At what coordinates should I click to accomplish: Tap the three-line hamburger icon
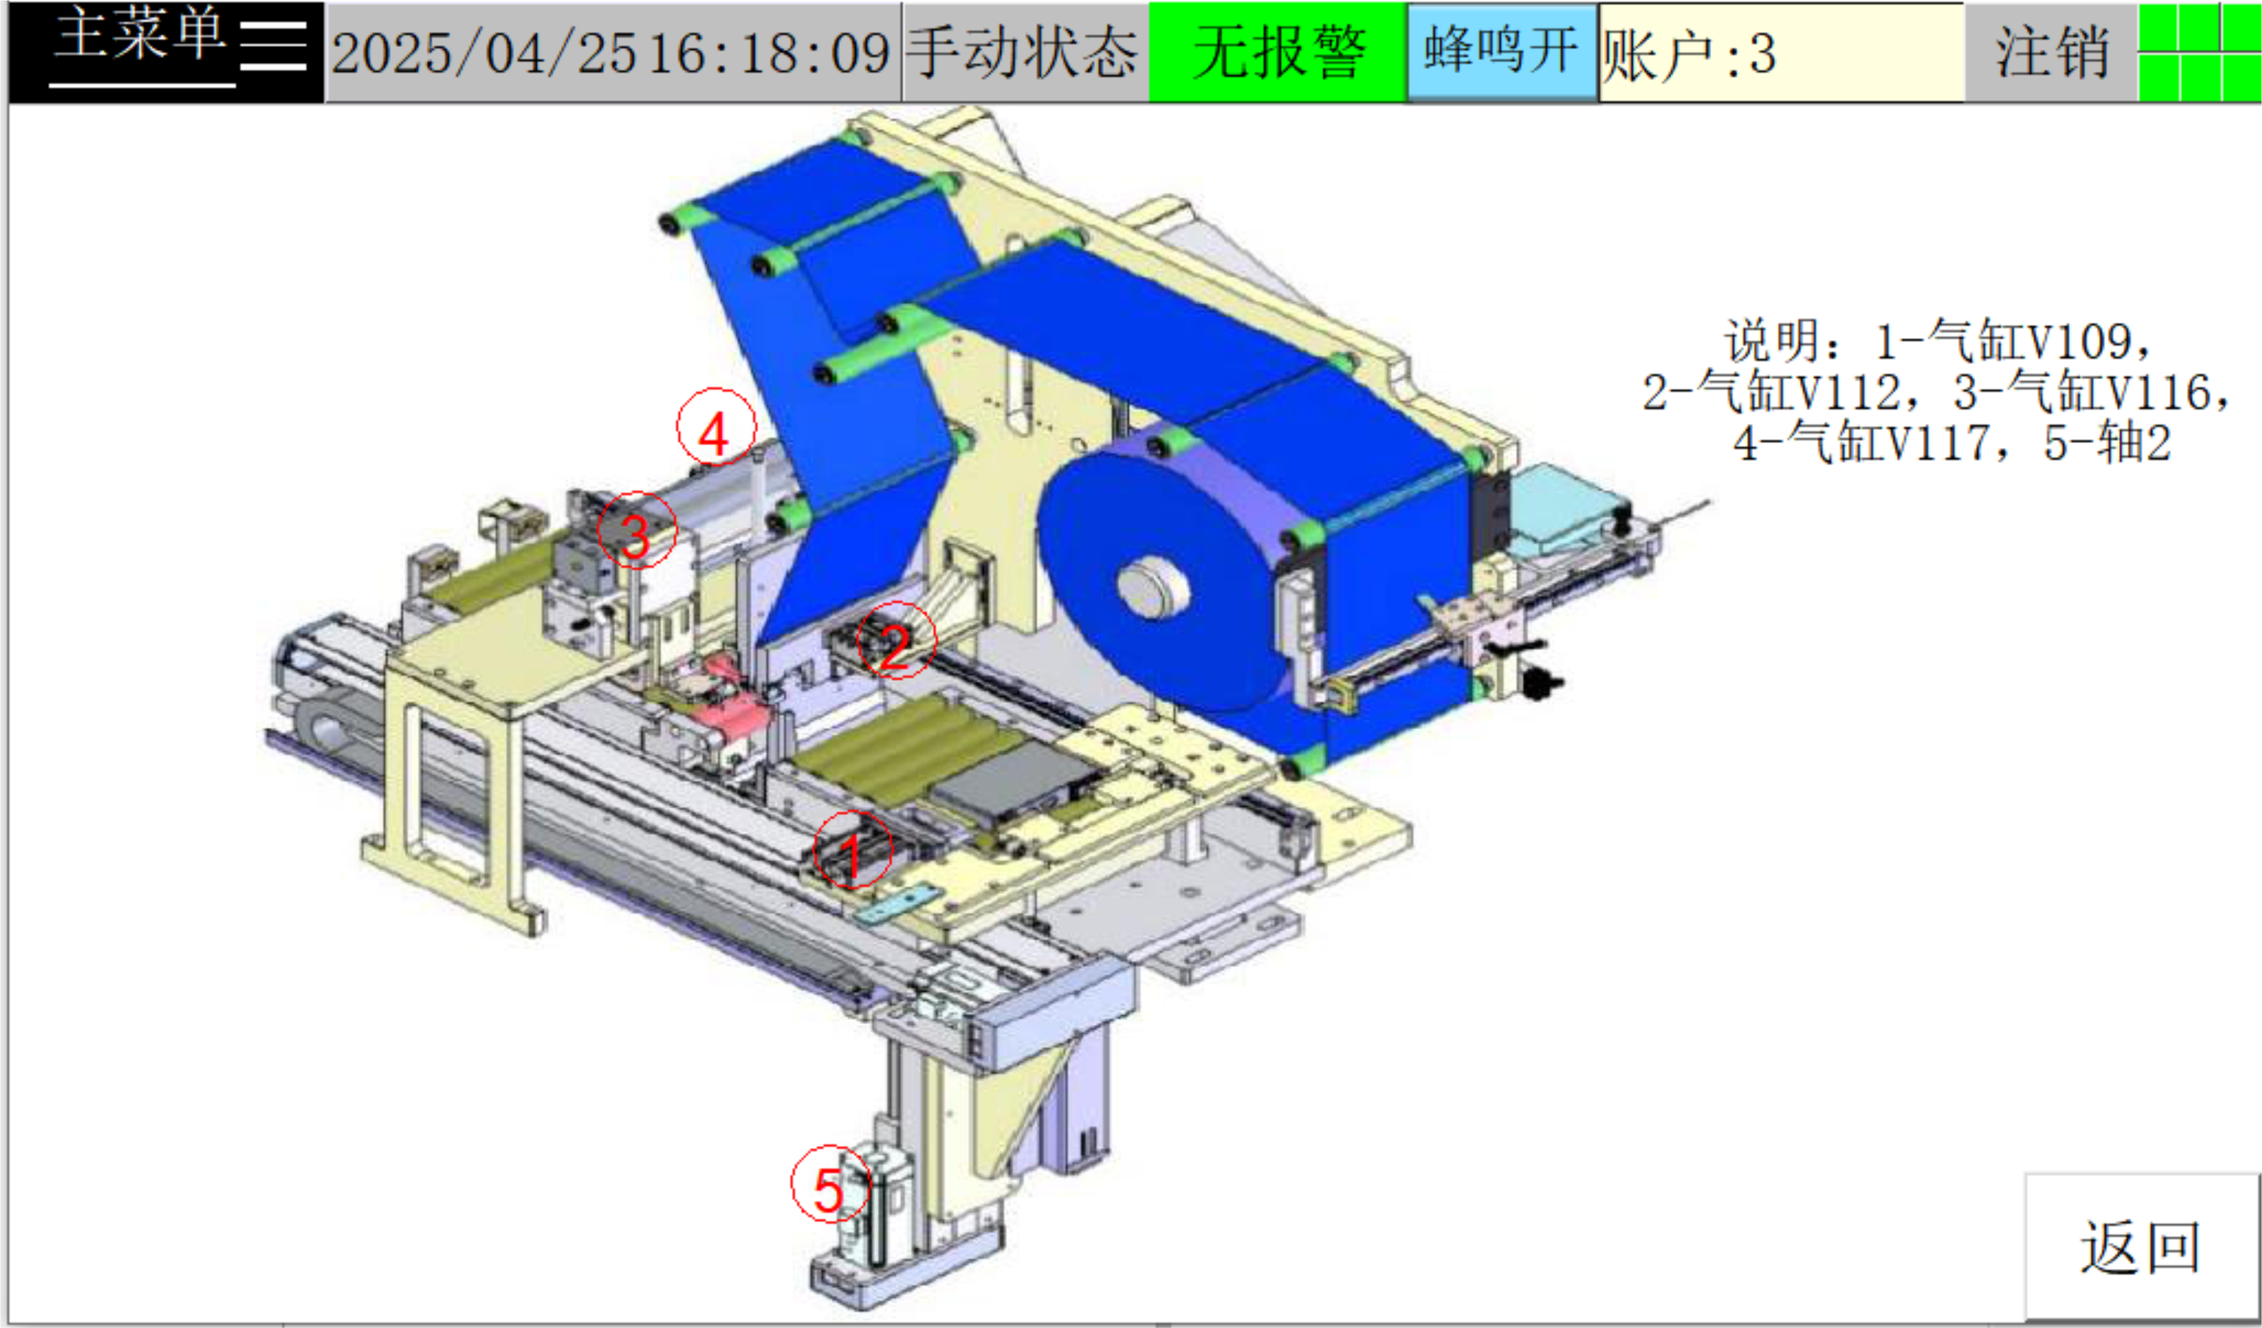click(274, 45)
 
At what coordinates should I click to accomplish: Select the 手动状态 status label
click(1024, 52)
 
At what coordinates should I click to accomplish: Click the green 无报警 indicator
click(1278, 52)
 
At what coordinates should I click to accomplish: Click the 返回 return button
click(2142, 1246)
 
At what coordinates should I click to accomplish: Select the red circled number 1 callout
click(853, 850)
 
